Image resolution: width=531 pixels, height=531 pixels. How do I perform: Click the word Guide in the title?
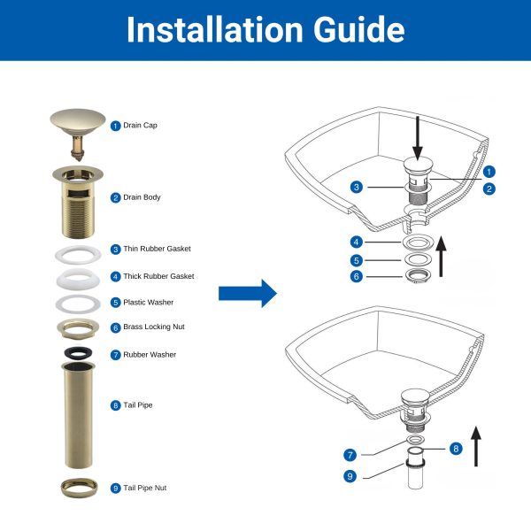tap(358, 30)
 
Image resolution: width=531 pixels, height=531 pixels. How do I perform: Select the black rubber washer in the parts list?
tap(79, 353)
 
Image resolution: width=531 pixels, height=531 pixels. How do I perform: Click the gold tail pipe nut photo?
tap(79, 488)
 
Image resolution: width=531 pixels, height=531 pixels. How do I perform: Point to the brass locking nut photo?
tap(78, 328)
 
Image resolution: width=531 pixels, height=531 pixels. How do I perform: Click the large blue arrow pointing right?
tap(248, 293)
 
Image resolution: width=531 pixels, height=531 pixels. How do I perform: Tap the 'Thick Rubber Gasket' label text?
tap(158, 276)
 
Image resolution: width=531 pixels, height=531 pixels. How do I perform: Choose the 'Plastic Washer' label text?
tap(149, 302)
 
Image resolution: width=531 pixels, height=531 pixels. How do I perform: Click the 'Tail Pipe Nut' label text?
tap(144, 488)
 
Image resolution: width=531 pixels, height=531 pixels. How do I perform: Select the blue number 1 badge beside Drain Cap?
tap(115, 126)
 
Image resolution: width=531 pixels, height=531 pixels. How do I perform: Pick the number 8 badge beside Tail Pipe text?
tap(115, 405)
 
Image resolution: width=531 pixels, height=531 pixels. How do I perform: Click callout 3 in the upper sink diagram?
tap(357, 187)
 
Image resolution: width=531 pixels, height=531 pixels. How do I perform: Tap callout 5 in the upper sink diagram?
tap(357, 260)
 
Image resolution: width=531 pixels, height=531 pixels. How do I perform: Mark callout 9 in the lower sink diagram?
tap(350, 476)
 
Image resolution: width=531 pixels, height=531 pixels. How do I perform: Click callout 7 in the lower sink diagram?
tap(350, 455)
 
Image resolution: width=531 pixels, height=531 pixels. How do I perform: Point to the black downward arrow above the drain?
tap(418, 138)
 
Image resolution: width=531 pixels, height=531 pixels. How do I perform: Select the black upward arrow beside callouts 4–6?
tap(441, 257)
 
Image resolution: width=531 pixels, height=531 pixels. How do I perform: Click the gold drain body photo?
tap(78, 202)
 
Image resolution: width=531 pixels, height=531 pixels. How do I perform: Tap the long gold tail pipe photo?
tap(78, 415)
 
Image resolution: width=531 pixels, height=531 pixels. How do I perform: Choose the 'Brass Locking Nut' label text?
tap(154, 327)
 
